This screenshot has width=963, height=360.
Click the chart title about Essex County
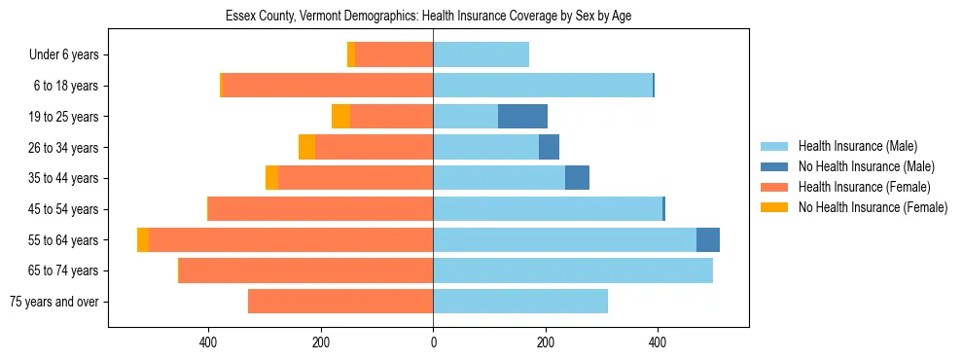coord(428,17)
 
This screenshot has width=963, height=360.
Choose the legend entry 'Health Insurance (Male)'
coord(856,147)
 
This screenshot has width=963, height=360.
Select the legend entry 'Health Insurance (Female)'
coord(864,187)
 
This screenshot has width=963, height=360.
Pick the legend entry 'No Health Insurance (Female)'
coord(873,207)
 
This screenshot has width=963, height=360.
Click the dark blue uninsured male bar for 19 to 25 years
coord(522,117)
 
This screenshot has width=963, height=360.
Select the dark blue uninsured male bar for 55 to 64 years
coord(708,240)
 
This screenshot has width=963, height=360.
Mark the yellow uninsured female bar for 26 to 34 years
coord(306,148)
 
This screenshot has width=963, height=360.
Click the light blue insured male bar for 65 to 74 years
coord(573,270)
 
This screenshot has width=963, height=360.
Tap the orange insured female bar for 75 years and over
coord(340,302)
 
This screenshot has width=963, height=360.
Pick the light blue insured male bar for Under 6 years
coord(481,55)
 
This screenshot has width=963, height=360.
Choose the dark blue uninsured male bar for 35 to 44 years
coord(577,178)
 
